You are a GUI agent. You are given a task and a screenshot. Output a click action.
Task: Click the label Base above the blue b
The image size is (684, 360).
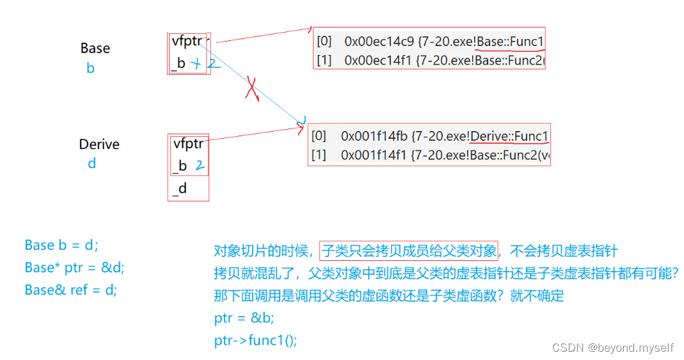tap(95, 49)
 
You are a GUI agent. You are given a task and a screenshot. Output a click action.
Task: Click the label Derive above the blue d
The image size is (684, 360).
tap(99, 145)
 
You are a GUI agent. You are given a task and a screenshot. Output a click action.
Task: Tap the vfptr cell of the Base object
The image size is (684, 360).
tap(187, 42)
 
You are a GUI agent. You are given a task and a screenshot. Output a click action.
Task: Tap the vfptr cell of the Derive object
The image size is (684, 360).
tap(188, 144)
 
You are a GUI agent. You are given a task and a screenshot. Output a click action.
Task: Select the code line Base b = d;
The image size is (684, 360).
tap(61, 245)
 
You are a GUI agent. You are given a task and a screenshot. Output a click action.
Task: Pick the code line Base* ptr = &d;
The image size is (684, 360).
tap(74, 267)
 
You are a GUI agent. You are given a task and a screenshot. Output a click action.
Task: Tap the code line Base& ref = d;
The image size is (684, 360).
tap(70, 290)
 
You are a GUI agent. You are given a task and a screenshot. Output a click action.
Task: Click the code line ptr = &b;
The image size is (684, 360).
tap(244, 318)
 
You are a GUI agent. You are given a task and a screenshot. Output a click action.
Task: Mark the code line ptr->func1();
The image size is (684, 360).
tap(255, 340)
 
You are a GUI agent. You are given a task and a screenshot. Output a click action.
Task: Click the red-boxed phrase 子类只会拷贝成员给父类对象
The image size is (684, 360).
tap(409, 251)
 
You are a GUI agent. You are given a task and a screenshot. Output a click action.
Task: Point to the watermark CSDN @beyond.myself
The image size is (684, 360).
tap(612, 348)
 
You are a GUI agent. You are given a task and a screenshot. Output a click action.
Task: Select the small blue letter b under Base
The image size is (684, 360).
tap(90, 68)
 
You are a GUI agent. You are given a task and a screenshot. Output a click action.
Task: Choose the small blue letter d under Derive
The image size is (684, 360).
tap(91, 164)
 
